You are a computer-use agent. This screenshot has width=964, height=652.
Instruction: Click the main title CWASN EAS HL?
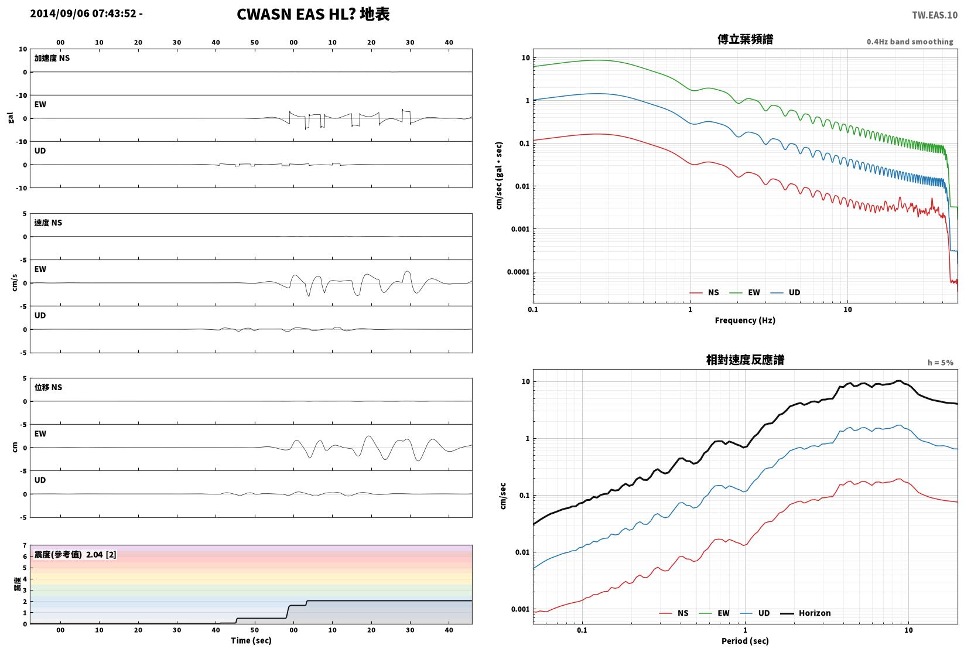(296, 14)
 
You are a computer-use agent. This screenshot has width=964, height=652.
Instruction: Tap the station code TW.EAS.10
(935, 15)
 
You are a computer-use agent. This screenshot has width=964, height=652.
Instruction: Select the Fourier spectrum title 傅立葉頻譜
(745, 39)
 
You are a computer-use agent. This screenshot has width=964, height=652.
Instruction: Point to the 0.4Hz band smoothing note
(910, 42)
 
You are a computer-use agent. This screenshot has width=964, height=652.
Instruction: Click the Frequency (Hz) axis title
(745, 320)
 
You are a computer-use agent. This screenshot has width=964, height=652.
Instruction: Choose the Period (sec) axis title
(745, 641)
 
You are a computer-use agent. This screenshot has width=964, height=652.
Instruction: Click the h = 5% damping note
(941, 363)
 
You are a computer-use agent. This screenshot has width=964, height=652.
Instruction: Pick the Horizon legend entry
(806, 613)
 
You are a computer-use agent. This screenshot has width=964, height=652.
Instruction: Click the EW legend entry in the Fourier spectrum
(745, 293)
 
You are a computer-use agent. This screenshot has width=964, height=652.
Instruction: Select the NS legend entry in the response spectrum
(674, 613)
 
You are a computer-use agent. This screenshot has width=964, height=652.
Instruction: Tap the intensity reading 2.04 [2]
(101, 554)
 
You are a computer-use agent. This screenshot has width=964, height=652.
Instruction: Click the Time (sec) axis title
(251, 640)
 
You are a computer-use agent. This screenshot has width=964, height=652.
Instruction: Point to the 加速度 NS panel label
(52, 58)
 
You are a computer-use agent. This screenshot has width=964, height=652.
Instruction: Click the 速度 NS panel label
(48, 223)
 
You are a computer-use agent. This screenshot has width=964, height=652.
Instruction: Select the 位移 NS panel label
(48, 387)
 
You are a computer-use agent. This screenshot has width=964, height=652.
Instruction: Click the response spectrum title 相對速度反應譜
(745, 360)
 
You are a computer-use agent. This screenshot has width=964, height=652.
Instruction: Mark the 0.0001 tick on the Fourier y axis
(518, 272)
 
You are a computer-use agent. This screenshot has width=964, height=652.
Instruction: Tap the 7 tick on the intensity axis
(25, 545)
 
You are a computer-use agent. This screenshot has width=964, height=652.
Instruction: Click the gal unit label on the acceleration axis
(11, 118)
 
